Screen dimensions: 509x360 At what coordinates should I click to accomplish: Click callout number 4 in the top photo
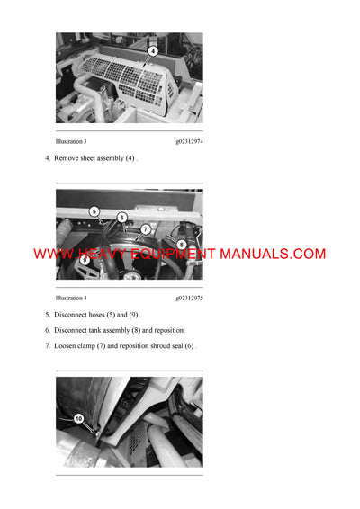(x=153, y=50)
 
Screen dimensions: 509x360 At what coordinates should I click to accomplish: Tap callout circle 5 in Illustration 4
(x=94, y=211)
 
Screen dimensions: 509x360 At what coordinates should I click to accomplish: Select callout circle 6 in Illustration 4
(x=122, y=218)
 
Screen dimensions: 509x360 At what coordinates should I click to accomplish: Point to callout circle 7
(x=146, y=229)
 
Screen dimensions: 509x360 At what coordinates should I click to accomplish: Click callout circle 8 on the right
(x=181, y=244)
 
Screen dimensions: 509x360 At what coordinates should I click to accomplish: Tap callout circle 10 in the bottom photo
(x=78, y=418)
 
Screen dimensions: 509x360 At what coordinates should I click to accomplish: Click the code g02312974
(x=189, y=141)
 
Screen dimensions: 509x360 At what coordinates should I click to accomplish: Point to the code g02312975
(x=189, y=298)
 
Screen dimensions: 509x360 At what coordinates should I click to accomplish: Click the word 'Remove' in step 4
(x=67, y=158)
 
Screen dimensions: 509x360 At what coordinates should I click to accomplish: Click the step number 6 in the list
(x=47, y=330)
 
